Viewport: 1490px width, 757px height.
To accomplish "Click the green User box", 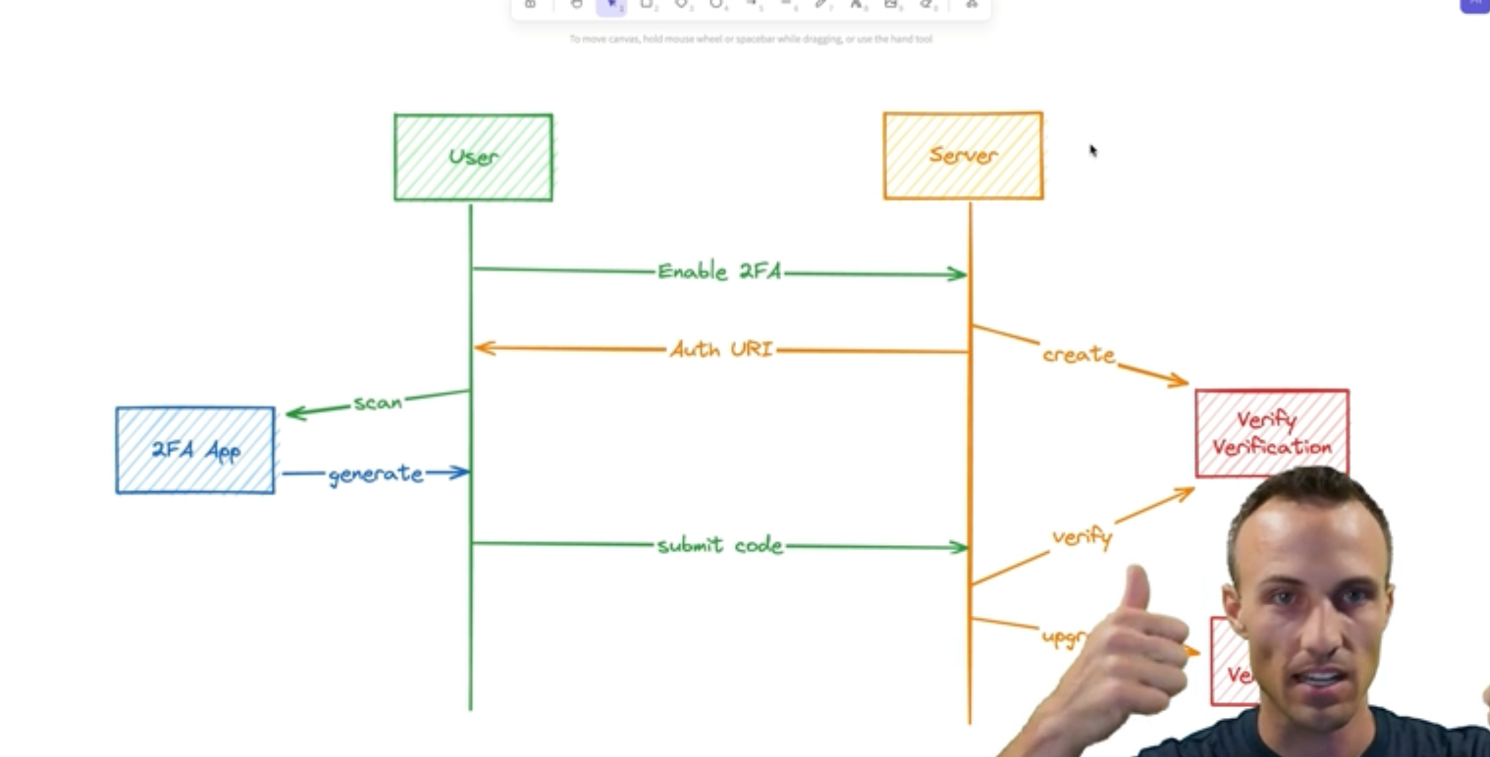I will (x=473, y=157).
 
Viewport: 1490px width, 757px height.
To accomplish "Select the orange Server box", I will (x=963, y=156).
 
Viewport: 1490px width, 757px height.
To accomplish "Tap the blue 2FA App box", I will (x=195, y=450).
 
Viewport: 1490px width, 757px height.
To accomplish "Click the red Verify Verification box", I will (x=1271, y=433).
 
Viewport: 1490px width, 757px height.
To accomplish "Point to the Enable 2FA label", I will (x=719, y=271).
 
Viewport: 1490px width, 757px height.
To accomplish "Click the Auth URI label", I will (x=721, y=349).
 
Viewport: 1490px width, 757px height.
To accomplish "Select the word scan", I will (x=378, y=402).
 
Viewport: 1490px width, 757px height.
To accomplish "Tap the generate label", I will (x=375, y=473).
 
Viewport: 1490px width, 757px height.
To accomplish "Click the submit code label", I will (x=720, y=545).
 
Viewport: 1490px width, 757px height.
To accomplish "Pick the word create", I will (x=1078, y=354).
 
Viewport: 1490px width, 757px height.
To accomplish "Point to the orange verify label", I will (x=1081, y=537).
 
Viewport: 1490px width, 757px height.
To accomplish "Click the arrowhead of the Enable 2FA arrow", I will (x=960, y=274).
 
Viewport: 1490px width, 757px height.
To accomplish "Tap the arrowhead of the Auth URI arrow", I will (x=481, y=347).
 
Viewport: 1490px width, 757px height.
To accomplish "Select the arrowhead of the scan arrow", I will (x=293, y=413).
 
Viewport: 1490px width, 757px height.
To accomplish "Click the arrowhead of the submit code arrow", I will (x=961, y=547).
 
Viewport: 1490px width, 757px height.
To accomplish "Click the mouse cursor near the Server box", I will (x=1092, y=151).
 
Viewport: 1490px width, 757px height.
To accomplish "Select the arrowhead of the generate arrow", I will (x=462, y=471).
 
